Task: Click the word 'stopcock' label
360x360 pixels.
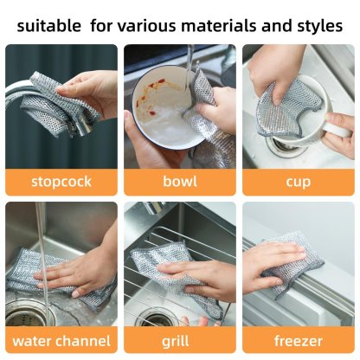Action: coord(61,182)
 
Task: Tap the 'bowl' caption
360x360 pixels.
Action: coord(179,182)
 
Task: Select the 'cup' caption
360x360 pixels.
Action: coord(299,182)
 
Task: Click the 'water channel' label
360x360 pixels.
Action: coord(61,340)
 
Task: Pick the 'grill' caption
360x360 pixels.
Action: coord(179,340)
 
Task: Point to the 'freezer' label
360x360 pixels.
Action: coord(299,340)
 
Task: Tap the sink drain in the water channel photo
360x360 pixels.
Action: coord(26,313)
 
